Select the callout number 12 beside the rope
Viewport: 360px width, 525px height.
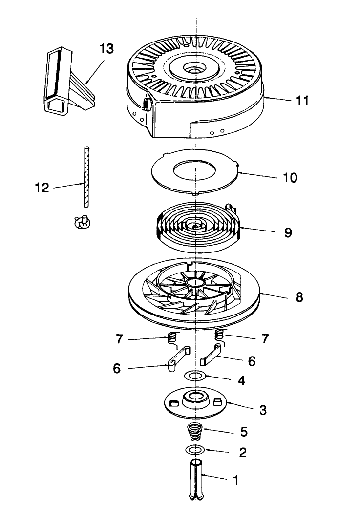point(42,188)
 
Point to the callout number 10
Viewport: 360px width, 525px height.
point(290,177)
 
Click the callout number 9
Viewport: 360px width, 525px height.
point(288,232)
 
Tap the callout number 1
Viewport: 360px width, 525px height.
point(236,480)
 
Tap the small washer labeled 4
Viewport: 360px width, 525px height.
point(195,376)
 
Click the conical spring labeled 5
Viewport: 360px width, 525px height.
point(195,433)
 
